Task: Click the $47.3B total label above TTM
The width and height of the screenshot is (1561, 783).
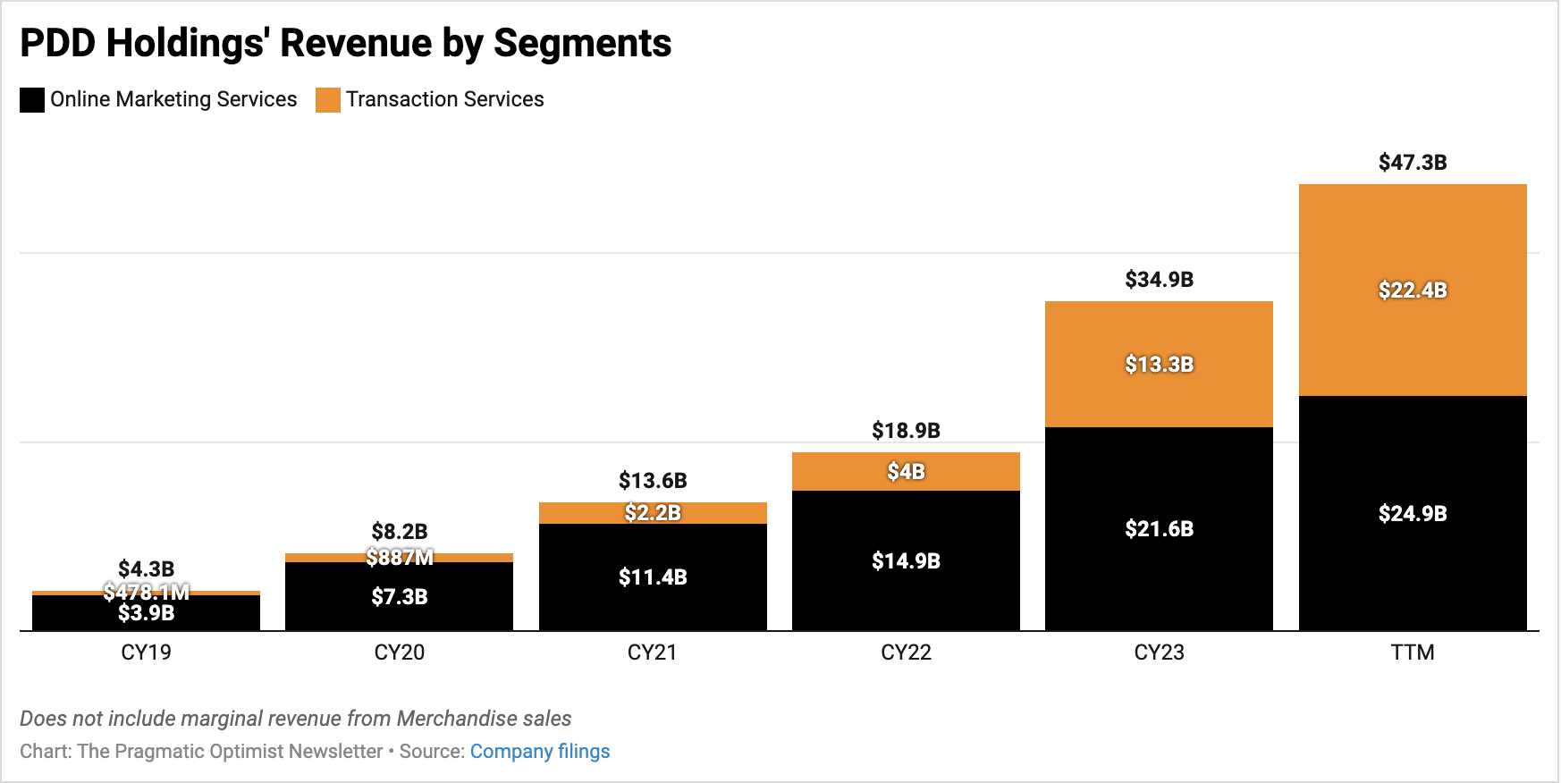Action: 1413,163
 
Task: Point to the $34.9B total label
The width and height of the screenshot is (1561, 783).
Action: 1159,280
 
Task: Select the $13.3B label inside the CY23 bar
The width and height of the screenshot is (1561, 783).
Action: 1159,365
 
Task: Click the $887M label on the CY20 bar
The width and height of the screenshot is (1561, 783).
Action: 399,558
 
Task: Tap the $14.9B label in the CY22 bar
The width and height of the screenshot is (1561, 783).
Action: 906,561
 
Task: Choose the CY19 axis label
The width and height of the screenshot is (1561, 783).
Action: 146,652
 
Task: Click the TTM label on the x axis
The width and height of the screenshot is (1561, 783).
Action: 1413,652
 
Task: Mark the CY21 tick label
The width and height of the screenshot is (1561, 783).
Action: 652,652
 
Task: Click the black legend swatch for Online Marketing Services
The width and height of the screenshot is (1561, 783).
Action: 32,100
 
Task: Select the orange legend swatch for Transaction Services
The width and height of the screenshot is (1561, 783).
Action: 328,100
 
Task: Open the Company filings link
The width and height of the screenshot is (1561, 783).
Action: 540,752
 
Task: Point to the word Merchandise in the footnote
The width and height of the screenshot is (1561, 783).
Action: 457,719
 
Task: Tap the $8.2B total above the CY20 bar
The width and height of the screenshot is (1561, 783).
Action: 399,532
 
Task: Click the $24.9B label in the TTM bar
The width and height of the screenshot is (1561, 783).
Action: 1413,514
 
